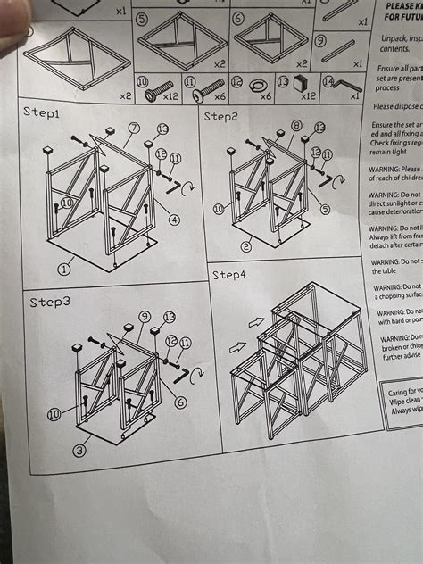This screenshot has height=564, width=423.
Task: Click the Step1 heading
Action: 45,114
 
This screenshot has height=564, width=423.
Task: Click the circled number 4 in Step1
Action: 174,220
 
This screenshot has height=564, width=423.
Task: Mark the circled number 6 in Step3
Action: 180,402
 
